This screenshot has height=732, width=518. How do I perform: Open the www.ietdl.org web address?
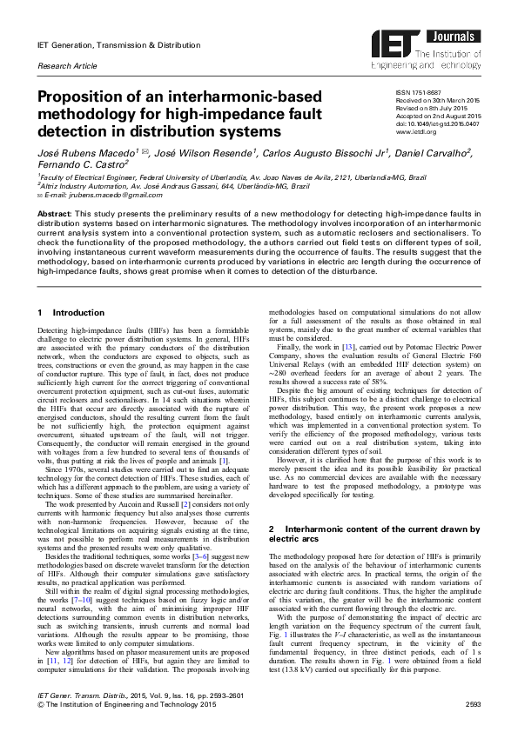pos(416,133)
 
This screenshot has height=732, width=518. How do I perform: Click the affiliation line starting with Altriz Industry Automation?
pos(131,184)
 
